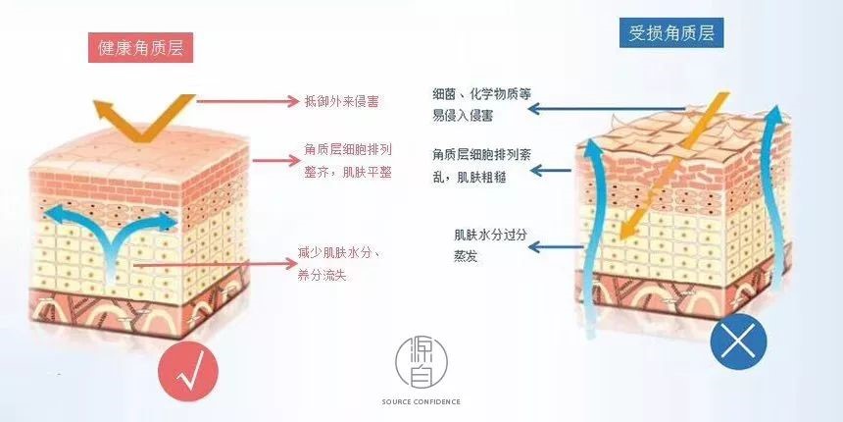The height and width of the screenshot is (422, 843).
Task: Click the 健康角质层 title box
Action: (140, 47)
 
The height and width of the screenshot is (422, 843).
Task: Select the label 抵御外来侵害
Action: (342, 100)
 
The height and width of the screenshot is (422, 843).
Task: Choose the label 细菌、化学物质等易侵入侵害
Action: (481, 105)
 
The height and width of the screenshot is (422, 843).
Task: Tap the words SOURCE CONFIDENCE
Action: (421, 401)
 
